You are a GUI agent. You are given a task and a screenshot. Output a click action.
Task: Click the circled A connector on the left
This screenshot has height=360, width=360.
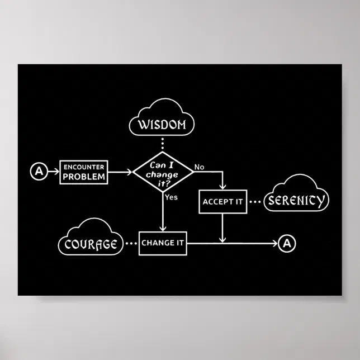point(38,172)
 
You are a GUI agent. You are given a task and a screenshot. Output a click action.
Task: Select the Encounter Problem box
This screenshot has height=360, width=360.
point(84,172)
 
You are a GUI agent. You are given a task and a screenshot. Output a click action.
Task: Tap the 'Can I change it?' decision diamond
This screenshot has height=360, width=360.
point(163,172)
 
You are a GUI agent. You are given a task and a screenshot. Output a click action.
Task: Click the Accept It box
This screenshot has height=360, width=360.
point(222,202)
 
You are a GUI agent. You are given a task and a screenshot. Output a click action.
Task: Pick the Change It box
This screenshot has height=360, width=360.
point(162,243)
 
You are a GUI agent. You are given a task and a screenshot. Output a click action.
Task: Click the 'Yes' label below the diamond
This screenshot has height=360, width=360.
point(171,197)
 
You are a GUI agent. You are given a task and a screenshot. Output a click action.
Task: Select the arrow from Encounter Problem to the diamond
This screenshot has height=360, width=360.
point(120,172)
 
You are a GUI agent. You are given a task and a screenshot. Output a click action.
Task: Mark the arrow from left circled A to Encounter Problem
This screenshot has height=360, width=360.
point(53,172)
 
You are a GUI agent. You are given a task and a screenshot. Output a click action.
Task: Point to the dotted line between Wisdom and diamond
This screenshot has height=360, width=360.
point(162,144)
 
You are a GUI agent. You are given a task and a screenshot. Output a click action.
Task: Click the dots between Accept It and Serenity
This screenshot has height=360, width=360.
point(255,202)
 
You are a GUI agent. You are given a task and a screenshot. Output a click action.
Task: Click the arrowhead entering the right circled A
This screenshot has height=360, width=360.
point(274,243)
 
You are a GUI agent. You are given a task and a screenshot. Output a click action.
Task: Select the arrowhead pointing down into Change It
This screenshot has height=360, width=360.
point(162,227)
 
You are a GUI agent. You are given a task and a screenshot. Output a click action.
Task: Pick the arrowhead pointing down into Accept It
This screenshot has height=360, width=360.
point(222,186)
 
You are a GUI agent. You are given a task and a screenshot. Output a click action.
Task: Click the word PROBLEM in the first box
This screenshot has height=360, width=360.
point(84,177)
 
